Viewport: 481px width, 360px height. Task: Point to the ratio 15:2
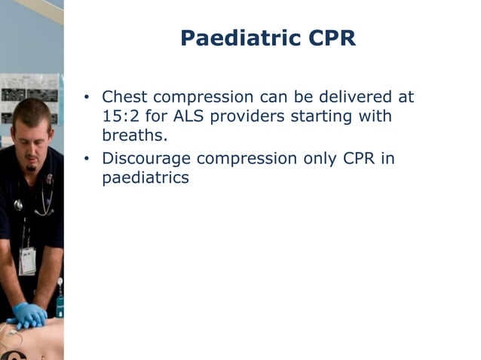click(x=121, y=117)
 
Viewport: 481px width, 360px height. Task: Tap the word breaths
click(x=132, y=136)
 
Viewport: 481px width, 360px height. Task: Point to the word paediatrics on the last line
click(x=146, y=179)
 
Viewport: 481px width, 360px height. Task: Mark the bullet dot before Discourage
click(x=87, y=160)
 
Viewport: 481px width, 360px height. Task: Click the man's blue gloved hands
click(x=28, y=315)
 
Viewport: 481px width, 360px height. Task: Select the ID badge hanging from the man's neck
click(x=27, y=260)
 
